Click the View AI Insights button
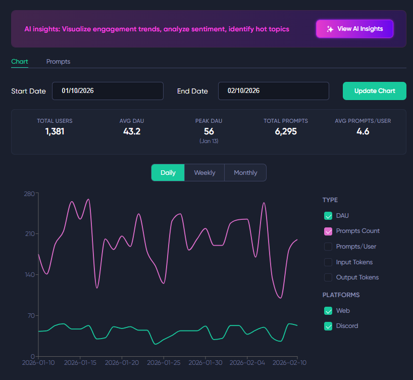pyautogui.click(x=354, y=29)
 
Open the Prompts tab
pyautogui.click(x=58, y=62)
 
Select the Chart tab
pyautogui.click(x=20, y=62)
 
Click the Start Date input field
pyautogui.click(x=108, y=91)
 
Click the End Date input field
pyautogui.click(x=274, y=91)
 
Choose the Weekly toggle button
pyautogui.click(x=204, y=173)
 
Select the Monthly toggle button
pyautogui.click(x=245, y=173)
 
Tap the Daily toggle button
pyautogui.click(x=168, y=173)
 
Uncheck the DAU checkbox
pyautogui.click(x=328, y=216)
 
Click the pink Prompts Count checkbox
pyautogui.click(x=328, y=231)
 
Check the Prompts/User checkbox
pyautogui.click(x=328, y=247)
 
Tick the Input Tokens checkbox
pyautogui.click(x=328, y=262)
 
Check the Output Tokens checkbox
pyautogui.click(x=328, y=277)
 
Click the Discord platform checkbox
pyautogui.click(x=328, y=326)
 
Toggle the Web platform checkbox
pyautogui.click(x=328, y=311)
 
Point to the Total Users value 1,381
pyautogui.click(x=55, y=131)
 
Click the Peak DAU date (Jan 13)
pyautogui.click(x=209, y=141)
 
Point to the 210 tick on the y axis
pyautogui.click(x=30, y=233)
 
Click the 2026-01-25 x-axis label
pyautogui.click(x=164, y=363)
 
